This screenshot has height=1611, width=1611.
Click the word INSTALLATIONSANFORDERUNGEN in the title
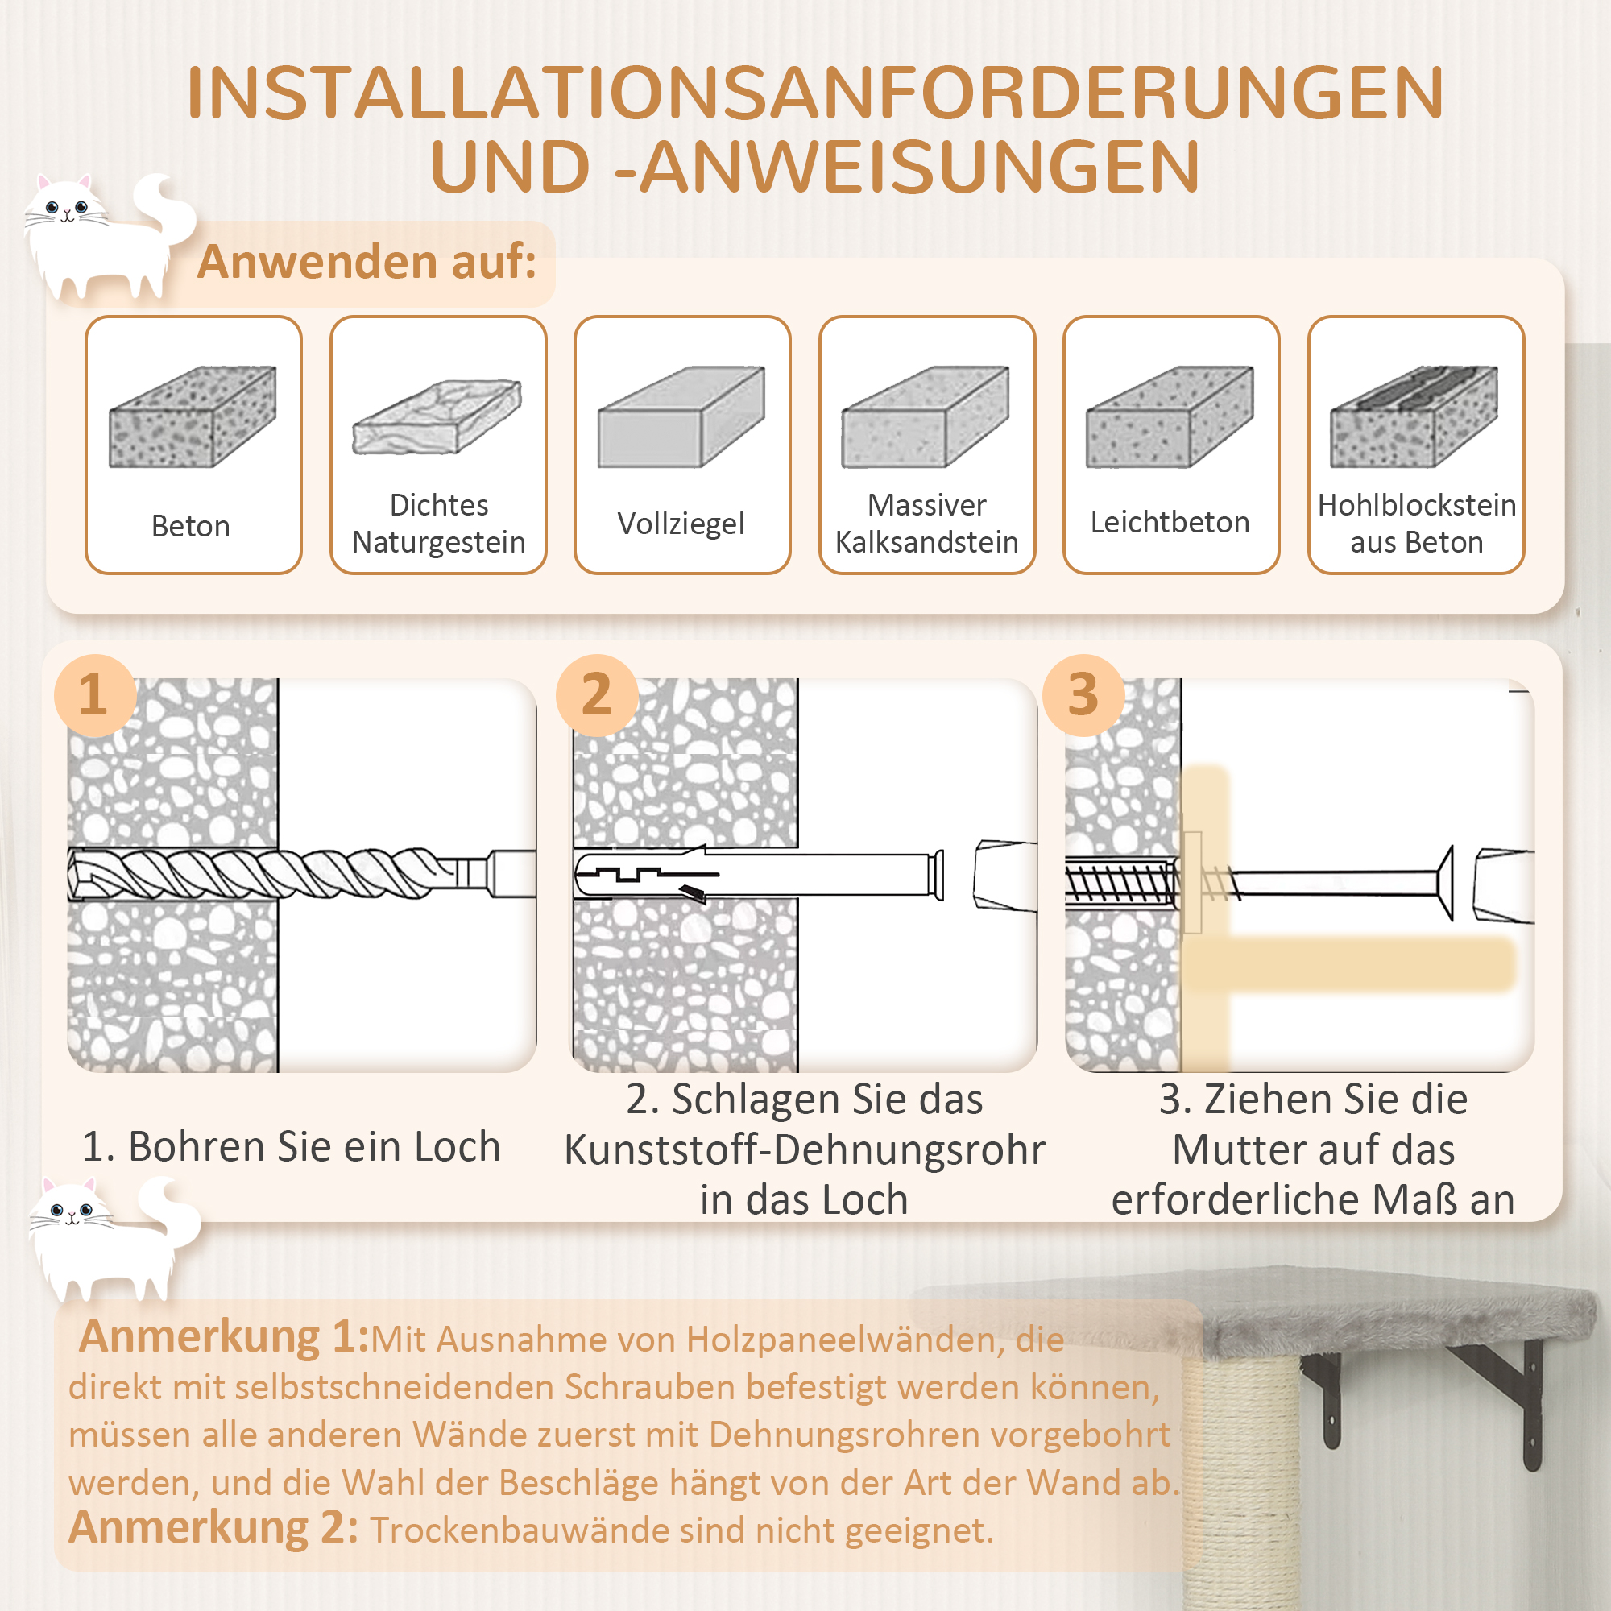(814, 93)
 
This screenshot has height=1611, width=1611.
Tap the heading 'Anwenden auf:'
(367, 262)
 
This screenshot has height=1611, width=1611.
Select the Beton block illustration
(193, 416)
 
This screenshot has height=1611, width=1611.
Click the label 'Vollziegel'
(681, 524)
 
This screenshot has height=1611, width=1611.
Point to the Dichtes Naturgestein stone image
(437, 416)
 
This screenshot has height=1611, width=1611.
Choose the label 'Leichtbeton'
(1170, 522)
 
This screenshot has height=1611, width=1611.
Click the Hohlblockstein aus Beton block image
(1414, 416)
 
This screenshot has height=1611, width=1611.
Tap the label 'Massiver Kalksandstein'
(926, 523)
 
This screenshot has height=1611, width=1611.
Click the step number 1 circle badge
(94, 694)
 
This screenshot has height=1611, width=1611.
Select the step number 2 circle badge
(596, 694)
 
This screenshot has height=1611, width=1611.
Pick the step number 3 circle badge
(1083, 694)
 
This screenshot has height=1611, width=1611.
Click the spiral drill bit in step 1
(267, 873)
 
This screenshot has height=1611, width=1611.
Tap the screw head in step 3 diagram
(1446, 882)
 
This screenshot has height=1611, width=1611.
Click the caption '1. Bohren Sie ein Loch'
(291, 1146)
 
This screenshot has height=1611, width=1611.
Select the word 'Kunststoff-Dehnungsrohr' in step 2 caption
(805, 1150)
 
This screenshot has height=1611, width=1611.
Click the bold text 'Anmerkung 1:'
(222, 1336)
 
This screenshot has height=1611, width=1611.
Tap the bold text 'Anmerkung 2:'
(213, 1526)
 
